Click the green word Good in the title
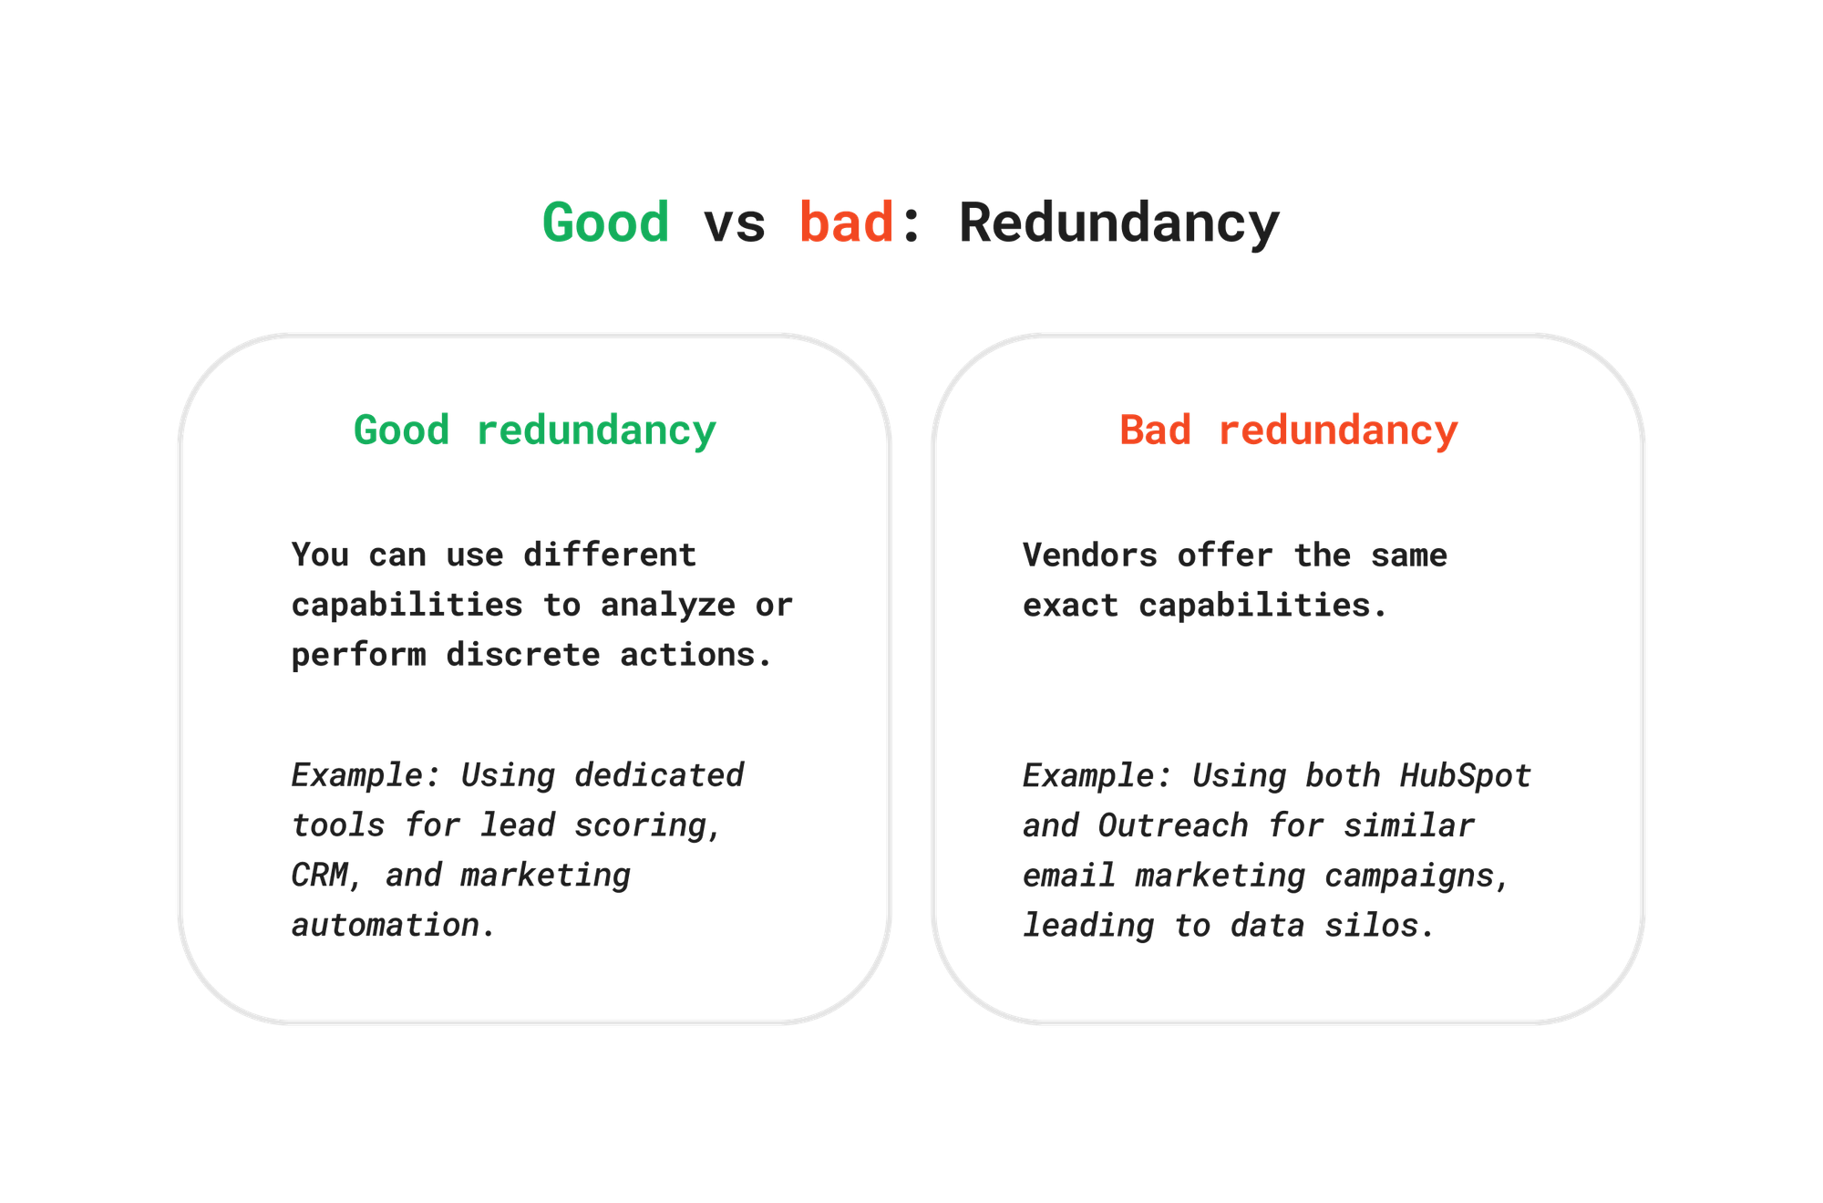coord(605,223)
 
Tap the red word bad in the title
coord(846,223)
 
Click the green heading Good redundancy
coord(535,430)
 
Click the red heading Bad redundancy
coord(1288,430)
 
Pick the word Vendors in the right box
coord(1089,555)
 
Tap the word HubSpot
coord(1465,776)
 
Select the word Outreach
coord(1172,825)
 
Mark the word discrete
coord(523,655)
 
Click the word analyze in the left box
coord(668,605)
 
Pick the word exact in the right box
coord(1070,605)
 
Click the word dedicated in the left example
coord(659,776)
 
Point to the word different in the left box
coord(610,555)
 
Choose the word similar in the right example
coord(1408,825)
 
